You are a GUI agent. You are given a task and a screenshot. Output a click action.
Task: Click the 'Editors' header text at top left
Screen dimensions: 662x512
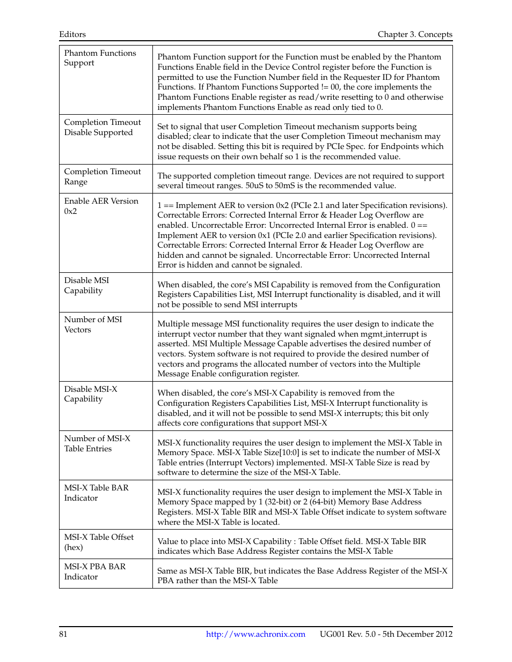72,34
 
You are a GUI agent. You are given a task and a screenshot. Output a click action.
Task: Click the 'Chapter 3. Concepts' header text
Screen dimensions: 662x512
414,34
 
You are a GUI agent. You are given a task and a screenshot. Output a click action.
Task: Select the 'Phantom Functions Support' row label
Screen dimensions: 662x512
100,58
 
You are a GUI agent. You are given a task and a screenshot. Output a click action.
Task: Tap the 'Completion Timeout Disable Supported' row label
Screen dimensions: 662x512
102,128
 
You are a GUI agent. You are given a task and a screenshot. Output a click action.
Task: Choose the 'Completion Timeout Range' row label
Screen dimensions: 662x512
102,177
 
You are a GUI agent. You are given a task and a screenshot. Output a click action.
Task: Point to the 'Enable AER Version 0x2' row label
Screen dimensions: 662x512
101,206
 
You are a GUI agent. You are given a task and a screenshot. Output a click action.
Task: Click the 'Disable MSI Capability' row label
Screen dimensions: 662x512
86,285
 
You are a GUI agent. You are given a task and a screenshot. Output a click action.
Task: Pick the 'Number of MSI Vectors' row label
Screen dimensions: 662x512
93,324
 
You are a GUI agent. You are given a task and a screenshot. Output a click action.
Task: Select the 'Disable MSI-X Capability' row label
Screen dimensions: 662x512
90,394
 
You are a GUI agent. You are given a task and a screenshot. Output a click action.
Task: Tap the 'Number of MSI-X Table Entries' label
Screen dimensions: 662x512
97,443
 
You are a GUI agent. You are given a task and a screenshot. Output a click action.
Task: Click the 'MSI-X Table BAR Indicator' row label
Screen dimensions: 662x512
96,493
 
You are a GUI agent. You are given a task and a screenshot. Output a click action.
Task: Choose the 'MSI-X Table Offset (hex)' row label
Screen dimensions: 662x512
99,542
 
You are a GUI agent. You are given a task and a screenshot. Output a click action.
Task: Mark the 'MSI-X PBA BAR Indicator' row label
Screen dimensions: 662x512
94,571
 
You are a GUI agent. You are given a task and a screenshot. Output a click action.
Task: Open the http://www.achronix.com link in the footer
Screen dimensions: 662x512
255,634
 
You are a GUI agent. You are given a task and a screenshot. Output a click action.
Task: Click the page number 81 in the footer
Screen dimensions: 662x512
63,634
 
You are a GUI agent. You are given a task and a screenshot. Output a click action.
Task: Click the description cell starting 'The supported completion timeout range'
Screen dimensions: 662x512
301,181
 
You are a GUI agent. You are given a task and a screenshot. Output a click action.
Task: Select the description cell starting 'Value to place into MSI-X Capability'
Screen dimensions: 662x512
291,546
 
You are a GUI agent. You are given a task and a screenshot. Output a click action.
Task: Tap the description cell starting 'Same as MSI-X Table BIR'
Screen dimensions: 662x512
302,576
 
